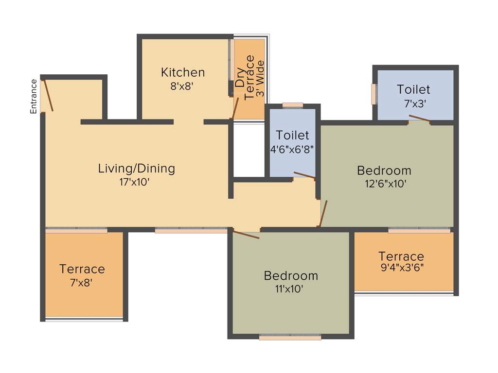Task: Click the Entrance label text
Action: coord(34,96)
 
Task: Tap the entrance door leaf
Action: coord(49,95)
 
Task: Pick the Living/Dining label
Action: coord(136,169)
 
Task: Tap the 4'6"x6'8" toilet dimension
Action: coord(292,149)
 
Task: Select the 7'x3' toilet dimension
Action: coord(413,103)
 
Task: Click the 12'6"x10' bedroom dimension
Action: coord(384,184)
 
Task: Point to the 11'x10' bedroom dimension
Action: coord(291,289)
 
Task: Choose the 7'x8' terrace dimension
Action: coord(82,282)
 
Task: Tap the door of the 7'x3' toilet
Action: coord(419,118)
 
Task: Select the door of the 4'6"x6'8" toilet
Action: coord(304,175)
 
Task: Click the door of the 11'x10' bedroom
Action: coord(246,235)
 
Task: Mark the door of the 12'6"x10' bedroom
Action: coord(323,214)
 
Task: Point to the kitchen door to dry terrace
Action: coord(235,108)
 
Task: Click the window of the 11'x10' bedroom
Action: coord(290,337)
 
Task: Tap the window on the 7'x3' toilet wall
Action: coord(373,94)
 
